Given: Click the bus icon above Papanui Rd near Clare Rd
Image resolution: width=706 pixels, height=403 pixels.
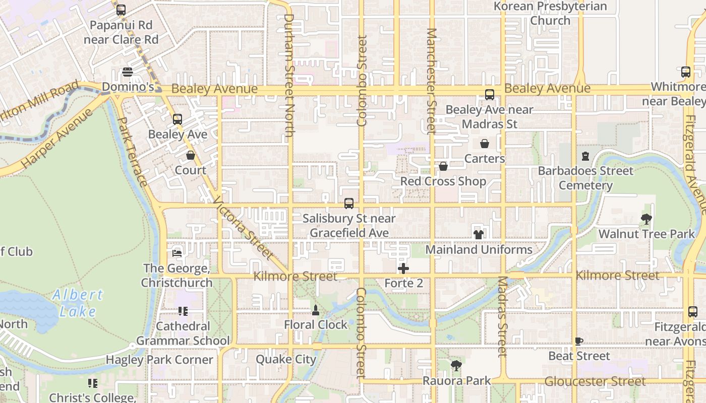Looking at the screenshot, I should point(121,10).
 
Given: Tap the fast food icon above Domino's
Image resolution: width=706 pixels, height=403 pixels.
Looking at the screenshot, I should point(127,72).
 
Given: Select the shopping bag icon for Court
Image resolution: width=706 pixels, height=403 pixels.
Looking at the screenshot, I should point(191,155).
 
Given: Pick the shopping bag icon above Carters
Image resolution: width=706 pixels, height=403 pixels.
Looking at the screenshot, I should point(485,144).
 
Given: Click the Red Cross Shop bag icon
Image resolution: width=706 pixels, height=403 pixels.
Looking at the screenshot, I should point(443,166).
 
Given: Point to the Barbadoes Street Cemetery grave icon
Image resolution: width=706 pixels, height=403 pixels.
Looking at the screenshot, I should point(585,156).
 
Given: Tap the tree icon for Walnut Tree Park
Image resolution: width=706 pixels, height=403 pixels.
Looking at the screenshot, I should point(646,219).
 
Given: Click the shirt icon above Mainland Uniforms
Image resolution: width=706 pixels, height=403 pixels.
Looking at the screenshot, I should point(478,234).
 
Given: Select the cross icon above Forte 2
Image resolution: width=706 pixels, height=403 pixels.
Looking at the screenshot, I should point(403,268).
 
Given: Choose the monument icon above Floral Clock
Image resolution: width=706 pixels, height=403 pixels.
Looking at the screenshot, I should point(316,310).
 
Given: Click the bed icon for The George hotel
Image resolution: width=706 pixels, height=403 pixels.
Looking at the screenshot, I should point(177,253).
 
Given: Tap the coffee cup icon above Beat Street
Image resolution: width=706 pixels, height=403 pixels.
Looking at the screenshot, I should point(579,341).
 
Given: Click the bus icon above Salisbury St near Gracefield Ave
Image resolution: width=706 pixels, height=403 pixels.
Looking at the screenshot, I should point(349,204).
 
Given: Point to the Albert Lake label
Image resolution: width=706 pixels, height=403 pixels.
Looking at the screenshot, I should point(78,303).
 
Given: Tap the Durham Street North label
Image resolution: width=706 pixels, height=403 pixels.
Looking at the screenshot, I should point(289,76).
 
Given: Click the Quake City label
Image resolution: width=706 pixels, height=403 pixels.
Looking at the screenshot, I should point(286,359).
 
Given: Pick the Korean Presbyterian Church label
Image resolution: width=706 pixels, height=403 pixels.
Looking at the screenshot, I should point(550,14).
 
